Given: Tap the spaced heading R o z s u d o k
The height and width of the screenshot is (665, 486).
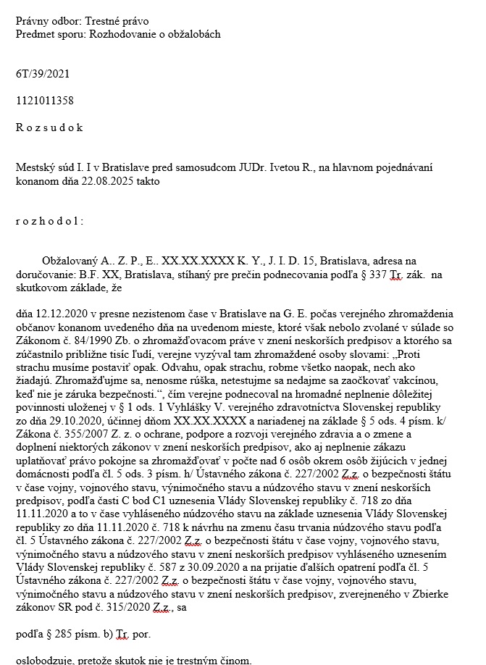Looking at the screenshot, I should pos(49,127).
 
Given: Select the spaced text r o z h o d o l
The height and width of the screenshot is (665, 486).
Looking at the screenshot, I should pos(49,221).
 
